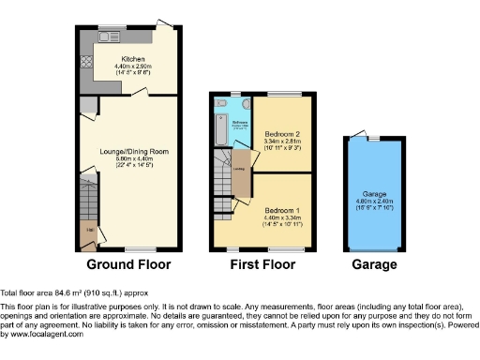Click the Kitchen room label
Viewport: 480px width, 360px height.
131,58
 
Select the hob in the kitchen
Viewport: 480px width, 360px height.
85,62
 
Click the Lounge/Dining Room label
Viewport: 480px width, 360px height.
134,151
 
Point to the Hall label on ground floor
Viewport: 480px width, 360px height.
88,230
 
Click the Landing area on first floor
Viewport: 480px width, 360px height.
240,171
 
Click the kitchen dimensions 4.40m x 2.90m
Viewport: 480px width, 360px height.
131,66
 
